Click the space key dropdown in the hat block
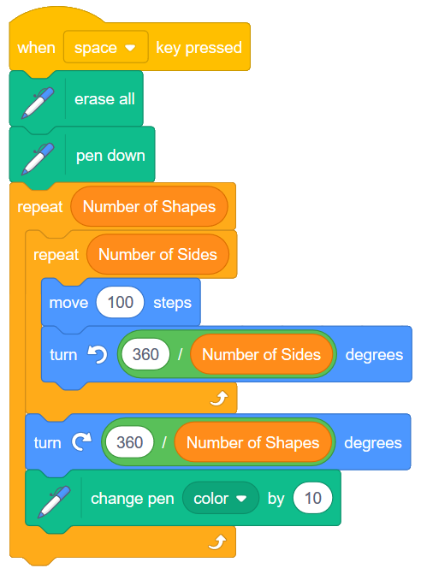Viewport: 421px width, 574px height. [x=105, y=48]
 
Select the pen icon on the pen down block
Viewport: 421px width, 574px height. [x=37, y=156]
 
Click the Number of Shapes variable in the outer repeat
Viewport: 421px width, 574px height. [x=149, y=207]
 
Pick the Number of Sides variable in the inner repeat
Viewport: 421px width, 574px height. [x=157, y=254]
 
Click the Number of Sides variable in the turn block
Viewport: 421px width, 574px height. [x=260, y=354]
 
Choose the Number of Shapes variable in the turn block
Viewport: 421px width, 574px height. [x=252, y=443]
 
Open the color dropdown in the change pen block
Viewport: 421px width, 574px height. [x=220, y=498]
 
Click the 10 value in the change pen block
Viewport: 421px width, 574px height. [x=312, y=498]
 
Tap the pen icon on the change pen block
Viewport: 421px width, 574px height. [x=52, y=500]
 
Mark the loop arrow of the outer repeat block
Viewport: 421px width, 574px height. [x=218, y=541]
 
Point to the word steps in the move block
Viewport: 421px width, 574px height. [x=172, y=303]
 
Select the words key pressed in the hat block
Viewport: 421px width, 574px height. [x=199, y=48]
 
